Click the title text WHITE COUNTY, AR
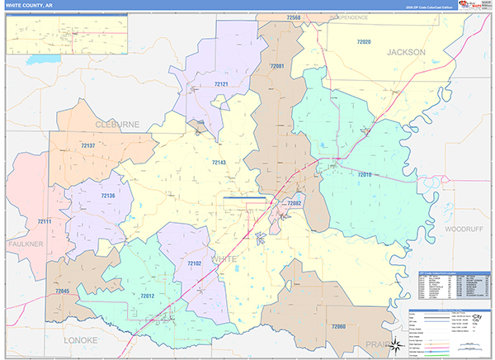[31, 5]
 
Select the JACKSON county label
[406, 52]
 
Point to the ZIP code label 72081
[276, 66]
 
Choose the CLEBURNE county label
[117, 123]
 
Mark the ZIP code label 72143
[219, 163]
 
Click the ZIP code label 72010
[365, 174]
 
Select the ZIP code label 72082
[295, 203]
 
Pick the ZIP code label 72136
[108, 196]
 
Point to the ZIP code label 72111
[45, 222]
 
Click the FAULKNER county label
[25, 244]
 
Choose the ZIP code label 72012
[148, 295]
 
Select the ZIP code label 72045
[63, 291]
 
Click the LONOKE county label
[80, 339]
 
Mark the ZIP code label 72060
[337, 327]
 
